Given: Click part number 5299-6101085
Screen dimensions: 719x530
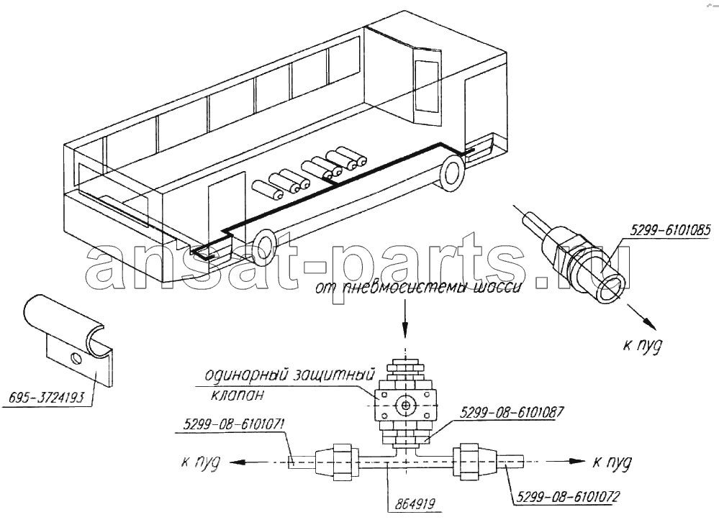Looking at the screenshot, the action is tap(670, 231).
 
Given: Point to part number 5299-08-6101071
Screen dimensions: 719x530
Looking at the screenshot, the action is tap(235, 424).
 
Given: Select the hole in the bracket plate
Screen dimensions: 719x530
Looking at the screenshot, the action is tap(76, 357).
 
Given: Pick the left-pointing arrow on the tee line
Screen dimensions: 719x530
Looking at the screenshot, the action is tap(246, 462).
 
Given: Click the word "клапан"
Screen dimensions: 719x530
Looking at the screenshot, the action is tap(238, 394).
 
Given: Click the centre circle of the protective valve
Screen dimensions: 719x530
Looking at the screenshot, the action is tap(405, 406).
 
